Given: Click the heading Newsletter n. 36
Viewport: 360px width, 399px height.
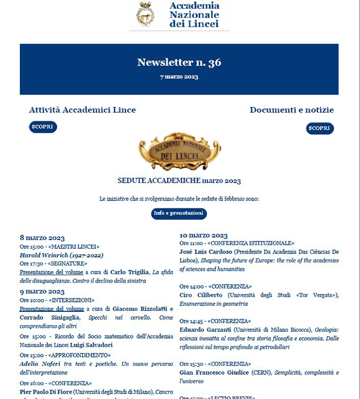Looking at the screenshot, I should coord(179,62).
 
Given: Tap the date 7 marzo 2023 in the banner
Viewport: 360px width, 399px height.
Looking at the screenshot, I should coord(179,77).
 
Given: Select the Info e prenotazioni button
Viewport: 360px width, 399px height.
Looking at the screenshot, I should coord(179,213).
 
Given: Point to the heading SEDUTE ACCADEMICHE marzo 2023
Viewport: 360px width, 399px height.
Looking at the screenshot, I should coord(179,181).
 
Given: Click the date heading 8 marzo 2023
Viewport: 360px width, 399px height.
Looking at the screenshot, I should coord(42,237).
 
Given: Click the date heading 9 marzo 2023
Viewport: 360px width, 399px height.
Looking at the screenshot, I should coord(42,291).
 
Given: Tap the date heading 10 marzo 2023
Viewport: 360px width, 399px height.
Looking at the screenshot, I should coord(203,235).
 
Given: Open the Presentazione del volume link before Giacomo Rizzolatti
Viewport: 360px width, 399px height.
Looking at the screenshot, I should coord(52,309).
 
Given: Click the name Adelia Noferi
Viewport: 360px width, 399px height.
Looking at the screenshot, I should coord(39,364).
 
